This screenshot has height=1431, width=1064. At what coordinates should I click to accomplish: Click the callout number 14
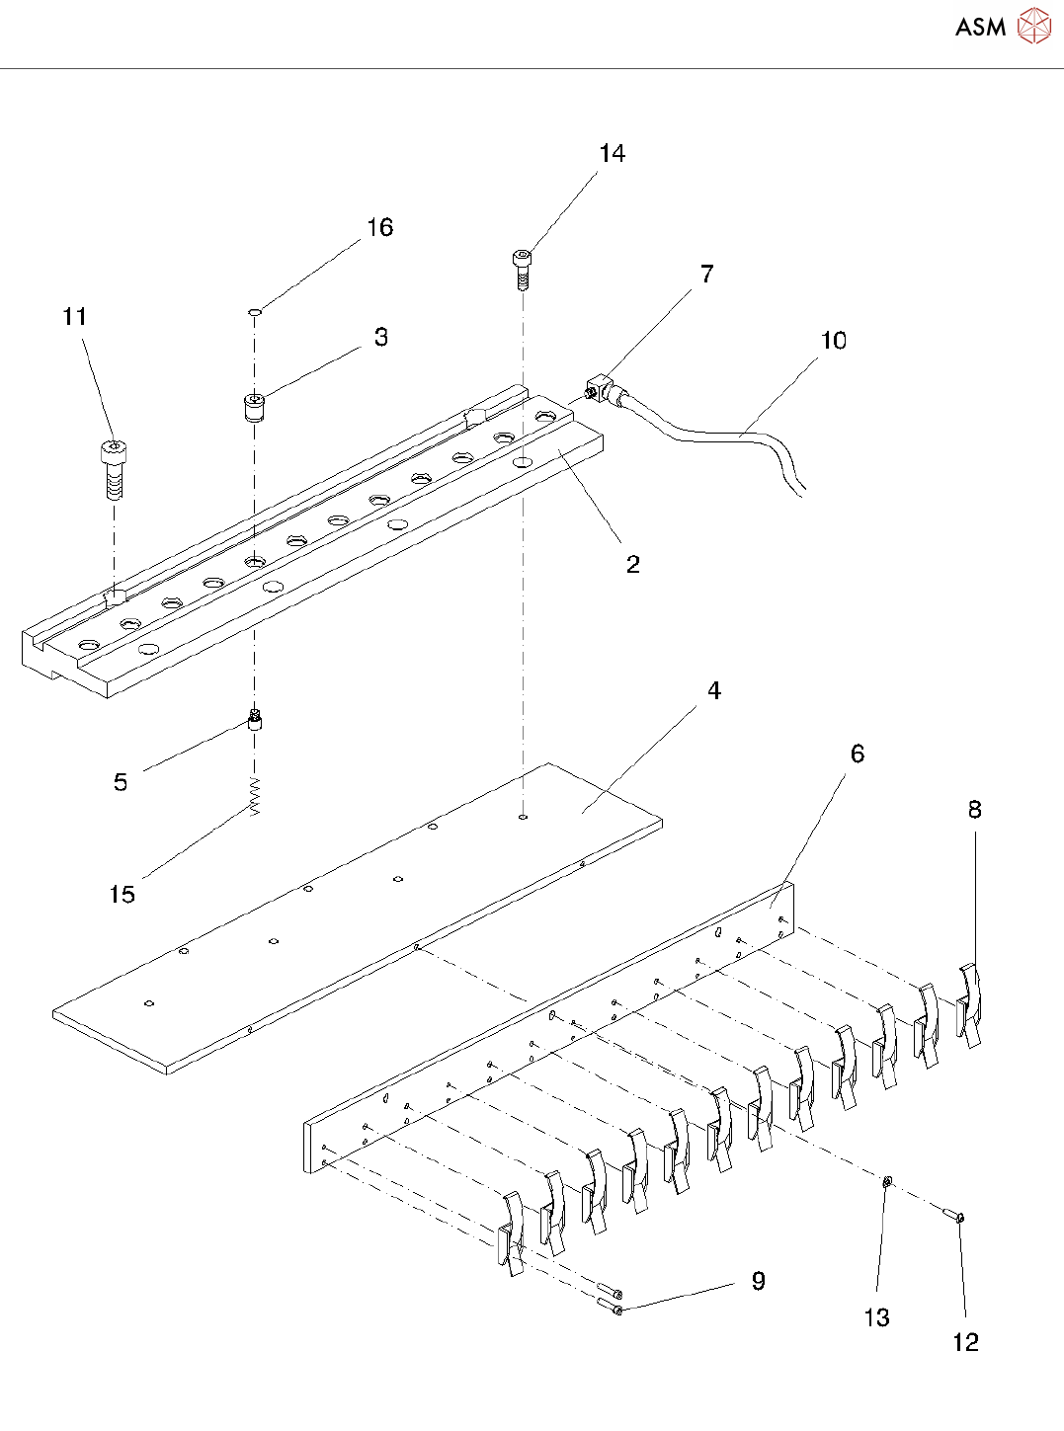pyautogui.click(x=612, y=154)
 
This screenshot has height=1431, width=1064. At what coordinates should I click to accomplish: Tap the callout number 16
pyautogui.click(x=379, y=228)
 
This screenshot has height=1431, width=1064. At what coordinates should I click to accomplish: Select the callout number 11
pyautogui.click(x=75, y=317)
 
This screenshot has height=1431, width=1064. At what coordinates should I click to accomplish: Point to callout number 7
pyautogui.click(x=706, y=275)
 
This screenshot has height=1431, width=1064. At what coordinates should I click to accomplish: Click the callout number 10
pyautogui.click(x=833, y=341)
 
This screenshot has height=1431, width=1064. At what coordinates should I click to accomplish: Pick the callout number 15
pyautogui.click(x=122, y=895)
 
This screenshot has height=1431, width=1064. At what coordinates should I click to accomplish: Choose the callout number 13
pyautogui.click(x=876, y=1317)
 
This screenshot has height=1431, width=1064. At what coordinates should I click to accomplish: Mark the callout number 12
pyautogui.click(x=965, y=1342)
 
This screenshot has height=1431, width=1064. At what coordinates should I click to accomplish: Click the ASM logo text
pyautogui.click(x=980, y=27)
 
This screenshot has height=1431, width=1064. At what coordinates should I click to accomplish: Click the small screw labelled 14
pyautogui.click(x=523, y=268)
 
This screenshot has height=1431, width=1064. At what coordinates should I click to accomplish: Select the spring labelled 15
pyautogui.click(x=255, y=796)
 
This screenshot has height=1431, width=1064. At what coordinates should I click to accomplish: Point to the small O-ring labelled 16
pyautogui.click(x=255, y=312)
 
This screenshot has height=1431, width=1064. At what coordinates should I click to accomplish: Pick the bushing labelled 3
pyautogui.click(x=254, y=406)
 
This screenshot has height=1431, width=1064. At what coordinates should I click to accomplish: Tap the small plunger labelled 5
pyautogui.click(x=255, y=720)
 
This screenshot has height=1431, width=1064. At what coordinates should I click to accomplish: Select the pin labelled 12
pyautogui.click(x=953, y=1215)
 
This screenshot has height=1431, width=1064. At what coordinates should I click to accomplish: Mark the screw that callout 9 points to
pyautogui.click(x=610, y=1308)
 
